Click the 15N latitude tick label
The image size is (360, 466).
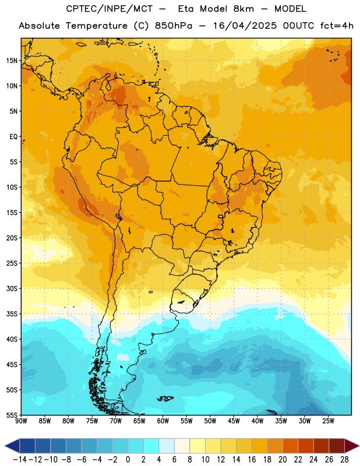(12, 61)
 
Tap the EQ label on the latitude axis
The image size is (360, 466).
(13, 137)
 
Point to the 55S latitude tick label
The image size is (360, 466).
(12, 415)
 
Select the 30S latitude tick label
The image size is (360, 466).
(12, 288)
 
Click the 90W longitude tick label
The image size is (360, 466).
(21, 421)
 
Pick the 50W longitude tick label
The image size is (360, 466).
(210, 421)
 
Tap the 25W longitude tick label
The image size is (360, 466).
(328, 421)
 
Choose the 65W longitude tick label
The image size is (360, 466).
(139, 421)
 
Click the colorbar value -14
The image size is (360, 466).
(20, 460)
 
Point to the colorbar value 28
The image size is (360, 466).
(344, 460)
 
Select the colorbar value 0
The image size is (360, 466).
(128, 460)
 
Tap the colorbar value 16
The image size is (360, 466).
(252, 460)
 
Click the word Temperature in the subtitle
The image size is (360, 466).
(97, 26)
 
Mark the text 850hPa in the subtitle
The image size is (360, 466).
(174, 26)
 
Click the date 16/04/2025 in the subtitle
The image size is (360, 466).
(245, 26)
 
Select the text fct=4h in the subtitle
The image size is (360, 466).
(337, 26)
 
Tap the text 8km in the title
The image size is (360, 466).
(243, 9)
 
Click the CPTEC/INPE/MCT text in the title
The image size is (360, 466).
(110, 9)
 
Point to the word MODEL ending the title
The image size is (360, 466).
(290, 9)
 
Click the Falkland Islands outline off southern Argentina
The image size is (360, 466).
(165, 398)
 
